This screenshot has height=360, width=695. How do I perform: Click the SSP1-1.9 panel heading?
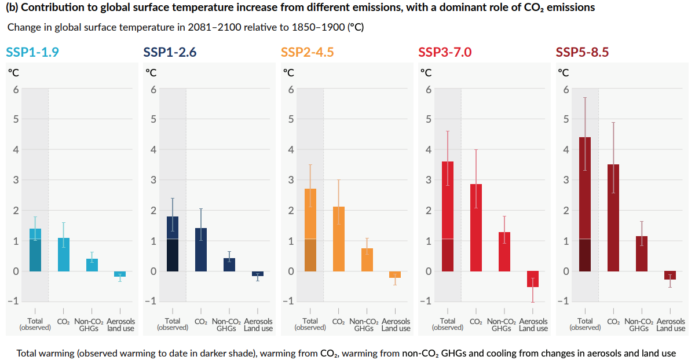point(32,52)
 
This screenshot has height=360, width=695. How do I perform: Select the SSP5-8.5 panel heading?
point(582,52)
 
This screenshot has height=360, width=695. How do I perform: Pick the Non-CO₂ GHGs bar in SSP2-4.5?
point(367,260)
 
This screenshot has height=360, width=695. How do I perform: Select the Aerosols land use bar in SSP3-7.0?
point(533,279)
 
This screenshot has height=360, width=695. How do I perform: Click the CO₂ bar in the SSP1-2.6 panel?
point(201,249)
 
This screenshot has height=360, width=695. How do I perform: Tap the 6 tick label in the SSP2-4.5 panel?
point(291,89)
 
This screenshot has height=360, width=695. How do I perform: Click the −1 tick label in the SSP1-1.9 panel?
point(13,301)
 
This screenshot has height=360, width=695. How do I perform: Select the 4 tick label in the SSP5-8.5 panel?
point(566,149)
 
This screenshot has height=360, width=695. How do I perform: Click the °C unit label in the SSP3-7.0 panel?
point(426,73)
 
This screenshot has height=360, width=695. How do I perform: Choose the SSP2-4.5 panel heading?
point(308,52)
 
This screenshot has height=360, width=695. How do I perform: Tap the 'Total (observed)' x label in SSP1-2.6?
point(173,324)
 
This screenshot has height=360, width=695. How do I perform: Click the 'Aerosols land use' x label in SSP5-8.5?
point(671,325)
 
